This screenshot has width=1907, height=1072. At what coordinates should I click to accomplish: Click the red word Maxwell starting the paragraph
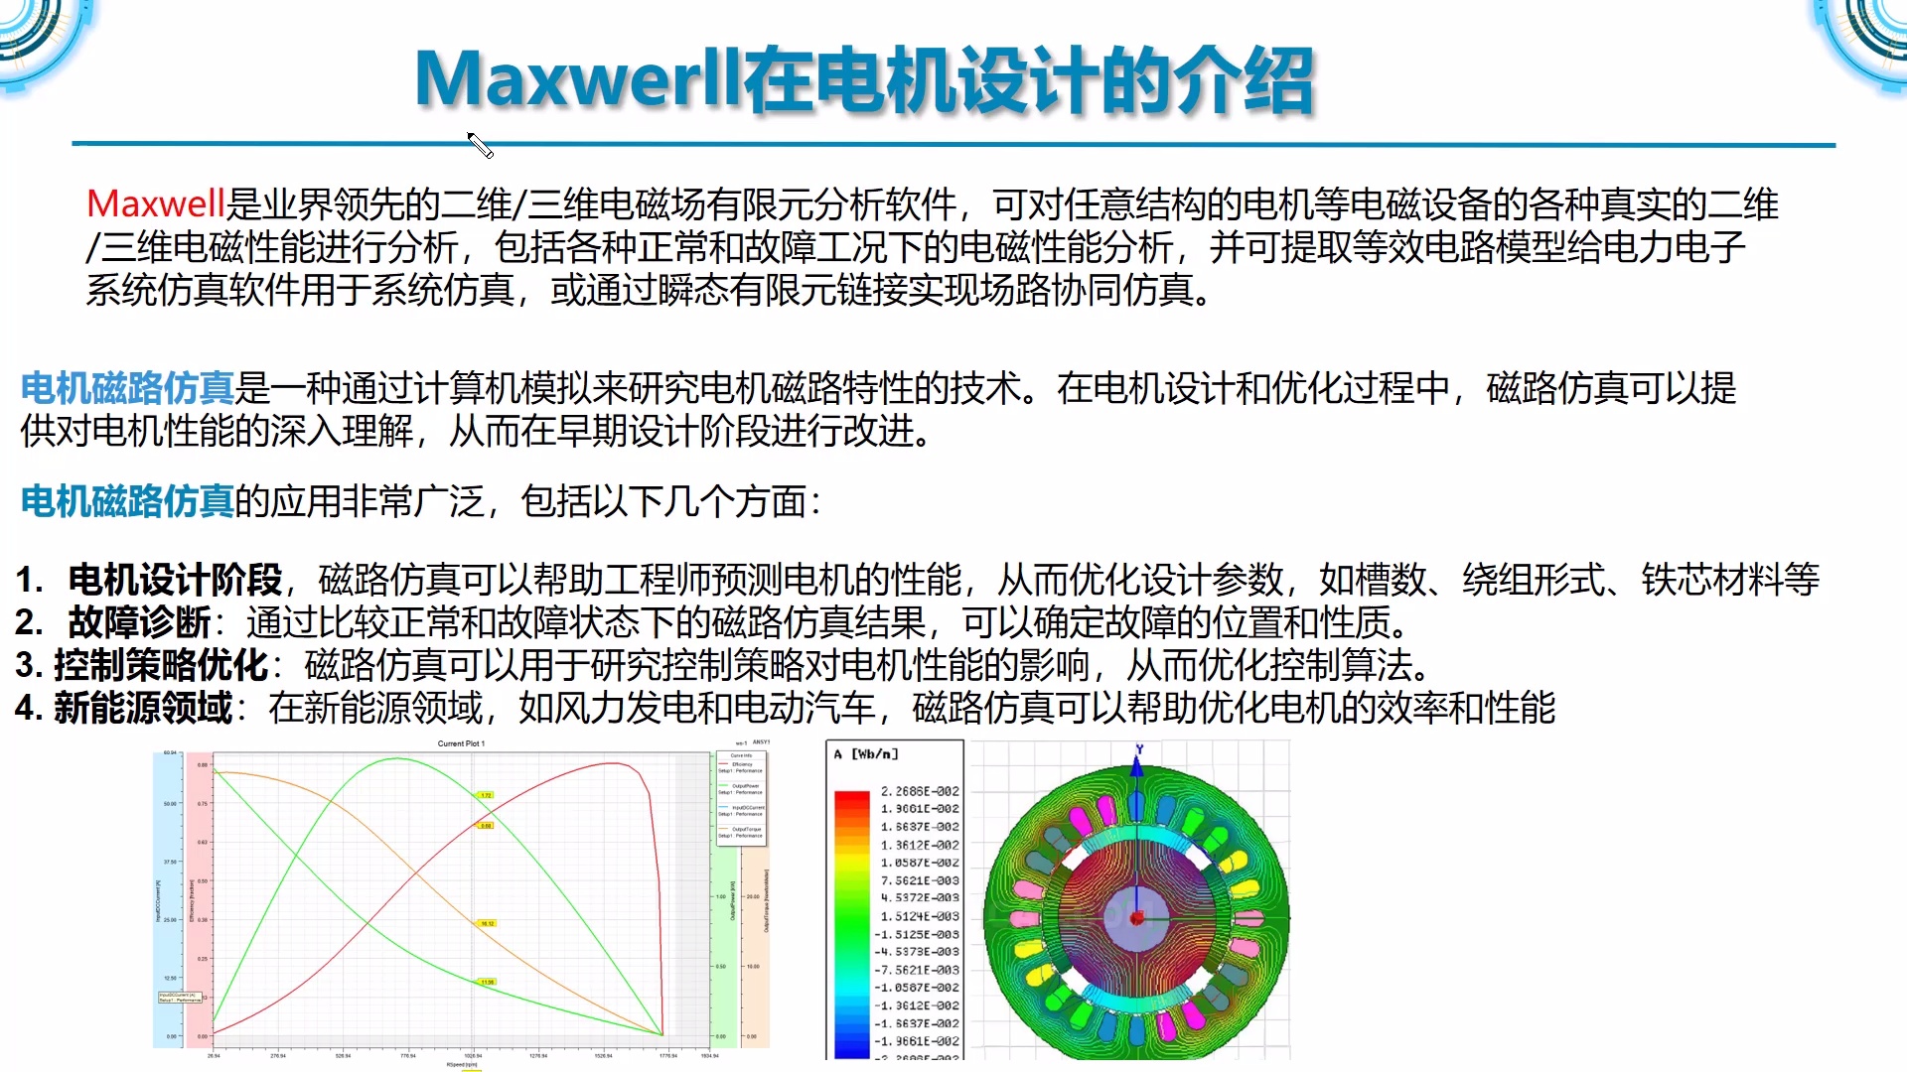pos(156,204)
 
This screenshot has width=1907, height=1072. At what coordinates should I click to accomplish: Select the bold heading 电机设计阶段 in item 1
pos(175,580)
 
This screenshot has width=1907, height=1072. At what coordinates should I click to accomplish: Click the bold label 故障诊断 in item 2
pos(139,623)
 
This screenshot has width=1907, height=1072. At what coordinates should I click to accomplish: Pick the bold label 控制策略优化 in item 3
pos(161,665)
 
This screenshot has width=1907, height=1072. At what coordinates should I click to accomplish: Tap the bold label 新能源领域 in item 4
pos(143,709)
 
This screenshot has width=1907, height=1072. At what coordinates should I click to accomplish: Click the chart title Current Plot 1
pos(461,743)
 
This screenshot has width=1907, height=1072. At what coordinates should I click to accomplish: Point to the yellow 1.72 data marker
pos(486,795)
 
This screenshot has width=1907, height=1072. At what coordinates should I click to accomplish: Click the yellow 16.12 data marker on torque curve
pos(487,923)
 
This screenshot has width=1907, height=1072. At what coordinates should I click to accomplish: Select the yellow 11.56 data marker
pos(487,982)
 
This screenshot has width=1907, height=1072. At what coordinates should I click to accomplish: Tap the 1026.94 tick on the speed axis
pos(473,1056)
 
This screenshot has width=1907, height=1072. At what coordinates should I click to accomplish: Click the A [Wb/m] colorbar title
pos(866,754)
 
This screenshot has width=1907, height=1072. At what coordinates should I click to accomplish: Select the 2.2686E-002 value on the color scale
pos(920,791)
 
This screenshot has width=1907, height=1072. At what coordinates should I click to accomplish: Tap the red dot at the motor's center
pos(1137,917)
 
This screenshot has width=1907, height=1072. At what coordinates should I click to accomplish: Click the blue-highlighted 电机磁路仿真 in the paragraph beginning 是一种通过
pos(127,388)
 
